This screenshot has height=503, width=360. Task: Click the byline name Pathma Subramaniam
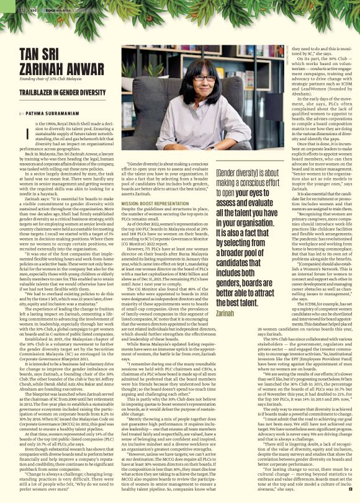point(50,113)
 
